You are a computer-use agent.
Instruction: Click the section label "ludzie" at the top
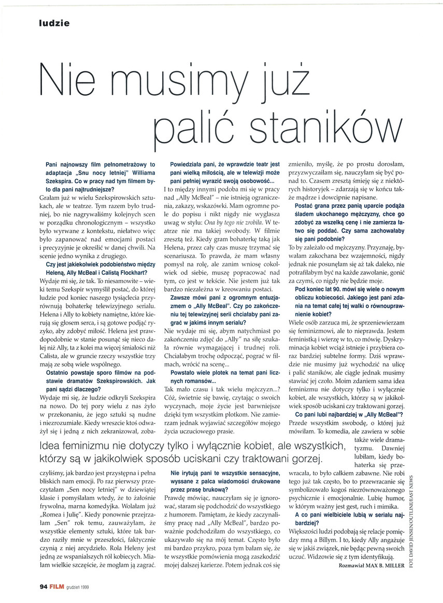[x=54, y=23]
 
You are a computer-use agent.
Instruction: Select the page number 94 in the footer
[x=44, y=587]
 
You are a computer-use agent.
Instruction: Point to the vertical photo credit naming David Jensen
[x=411, y=518]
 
